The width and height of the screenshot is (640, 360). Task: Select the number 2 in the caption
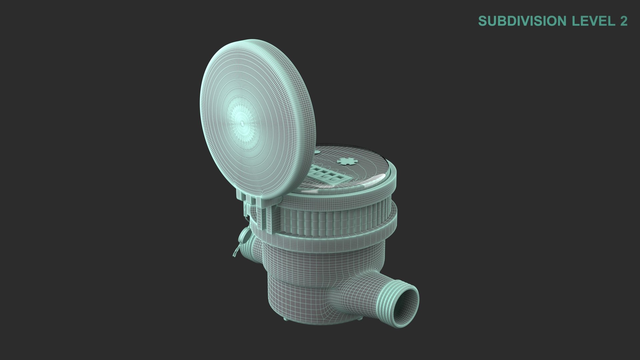click(x=623, y=21)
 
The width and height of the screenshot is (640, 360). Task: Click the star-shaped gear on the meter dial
click(x=346, y=161)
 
